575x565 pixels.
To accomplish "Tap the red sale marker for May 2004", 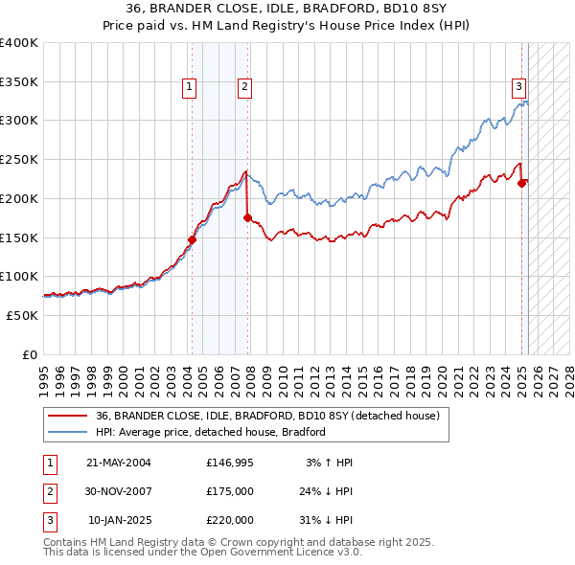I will pos(192,240).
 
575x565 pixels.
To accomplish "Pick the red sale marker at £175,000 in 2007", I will pos(247,218).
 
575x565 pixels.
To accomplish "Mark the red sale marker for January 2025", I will pos(522,183).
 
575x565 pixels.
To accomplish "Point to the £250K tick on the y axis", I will pos(19,159).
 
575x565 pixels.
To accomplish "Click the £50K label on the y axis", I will pos(23,315).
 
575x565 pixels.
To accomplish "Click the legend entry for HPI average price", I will pos(211,432).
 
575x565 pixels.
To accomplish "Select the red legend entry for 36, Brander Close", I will pos(267,416).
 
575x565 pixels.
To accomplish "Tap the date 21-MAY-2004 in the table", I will pos(119,463).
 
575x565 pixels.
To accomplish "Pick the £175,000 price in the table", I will pos(230,491).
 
